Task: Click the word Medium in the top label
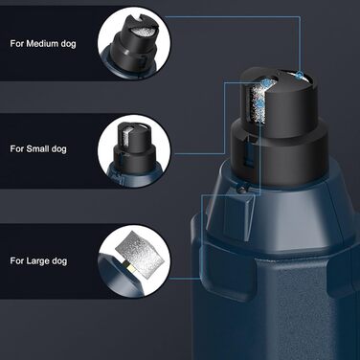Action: pyautogui.click(x=42, y=43)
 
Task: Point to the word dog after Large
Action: pyautogui.click(x=59, y=261)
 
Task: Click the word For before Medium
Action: pyautogui.click(x=17, y=43)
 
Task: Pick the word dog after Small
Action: pyautogui.click(x=58, y=149)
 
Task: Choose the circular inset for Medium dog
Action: pyautogui.click(x=134, y=44)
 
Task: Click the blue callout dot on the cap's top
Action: pyautogui.click(x=300, y=76)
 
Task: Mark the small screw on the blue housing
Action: pyautogui.click(x=242, y=190)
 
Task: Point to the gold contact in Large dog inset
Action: pyautogui.click(x=129, y=266)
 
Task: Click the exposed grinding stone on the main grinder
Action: pyautogui.click(x=259, y=101)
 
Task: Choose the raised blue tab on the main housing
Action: pyautogui.click(x=231, y=218)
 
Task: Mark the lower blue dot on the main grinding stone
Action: pyautogui.click(x=260, y=103)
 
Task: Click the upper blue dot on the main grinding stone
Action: pyautogui.click(x=264, y=83)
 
